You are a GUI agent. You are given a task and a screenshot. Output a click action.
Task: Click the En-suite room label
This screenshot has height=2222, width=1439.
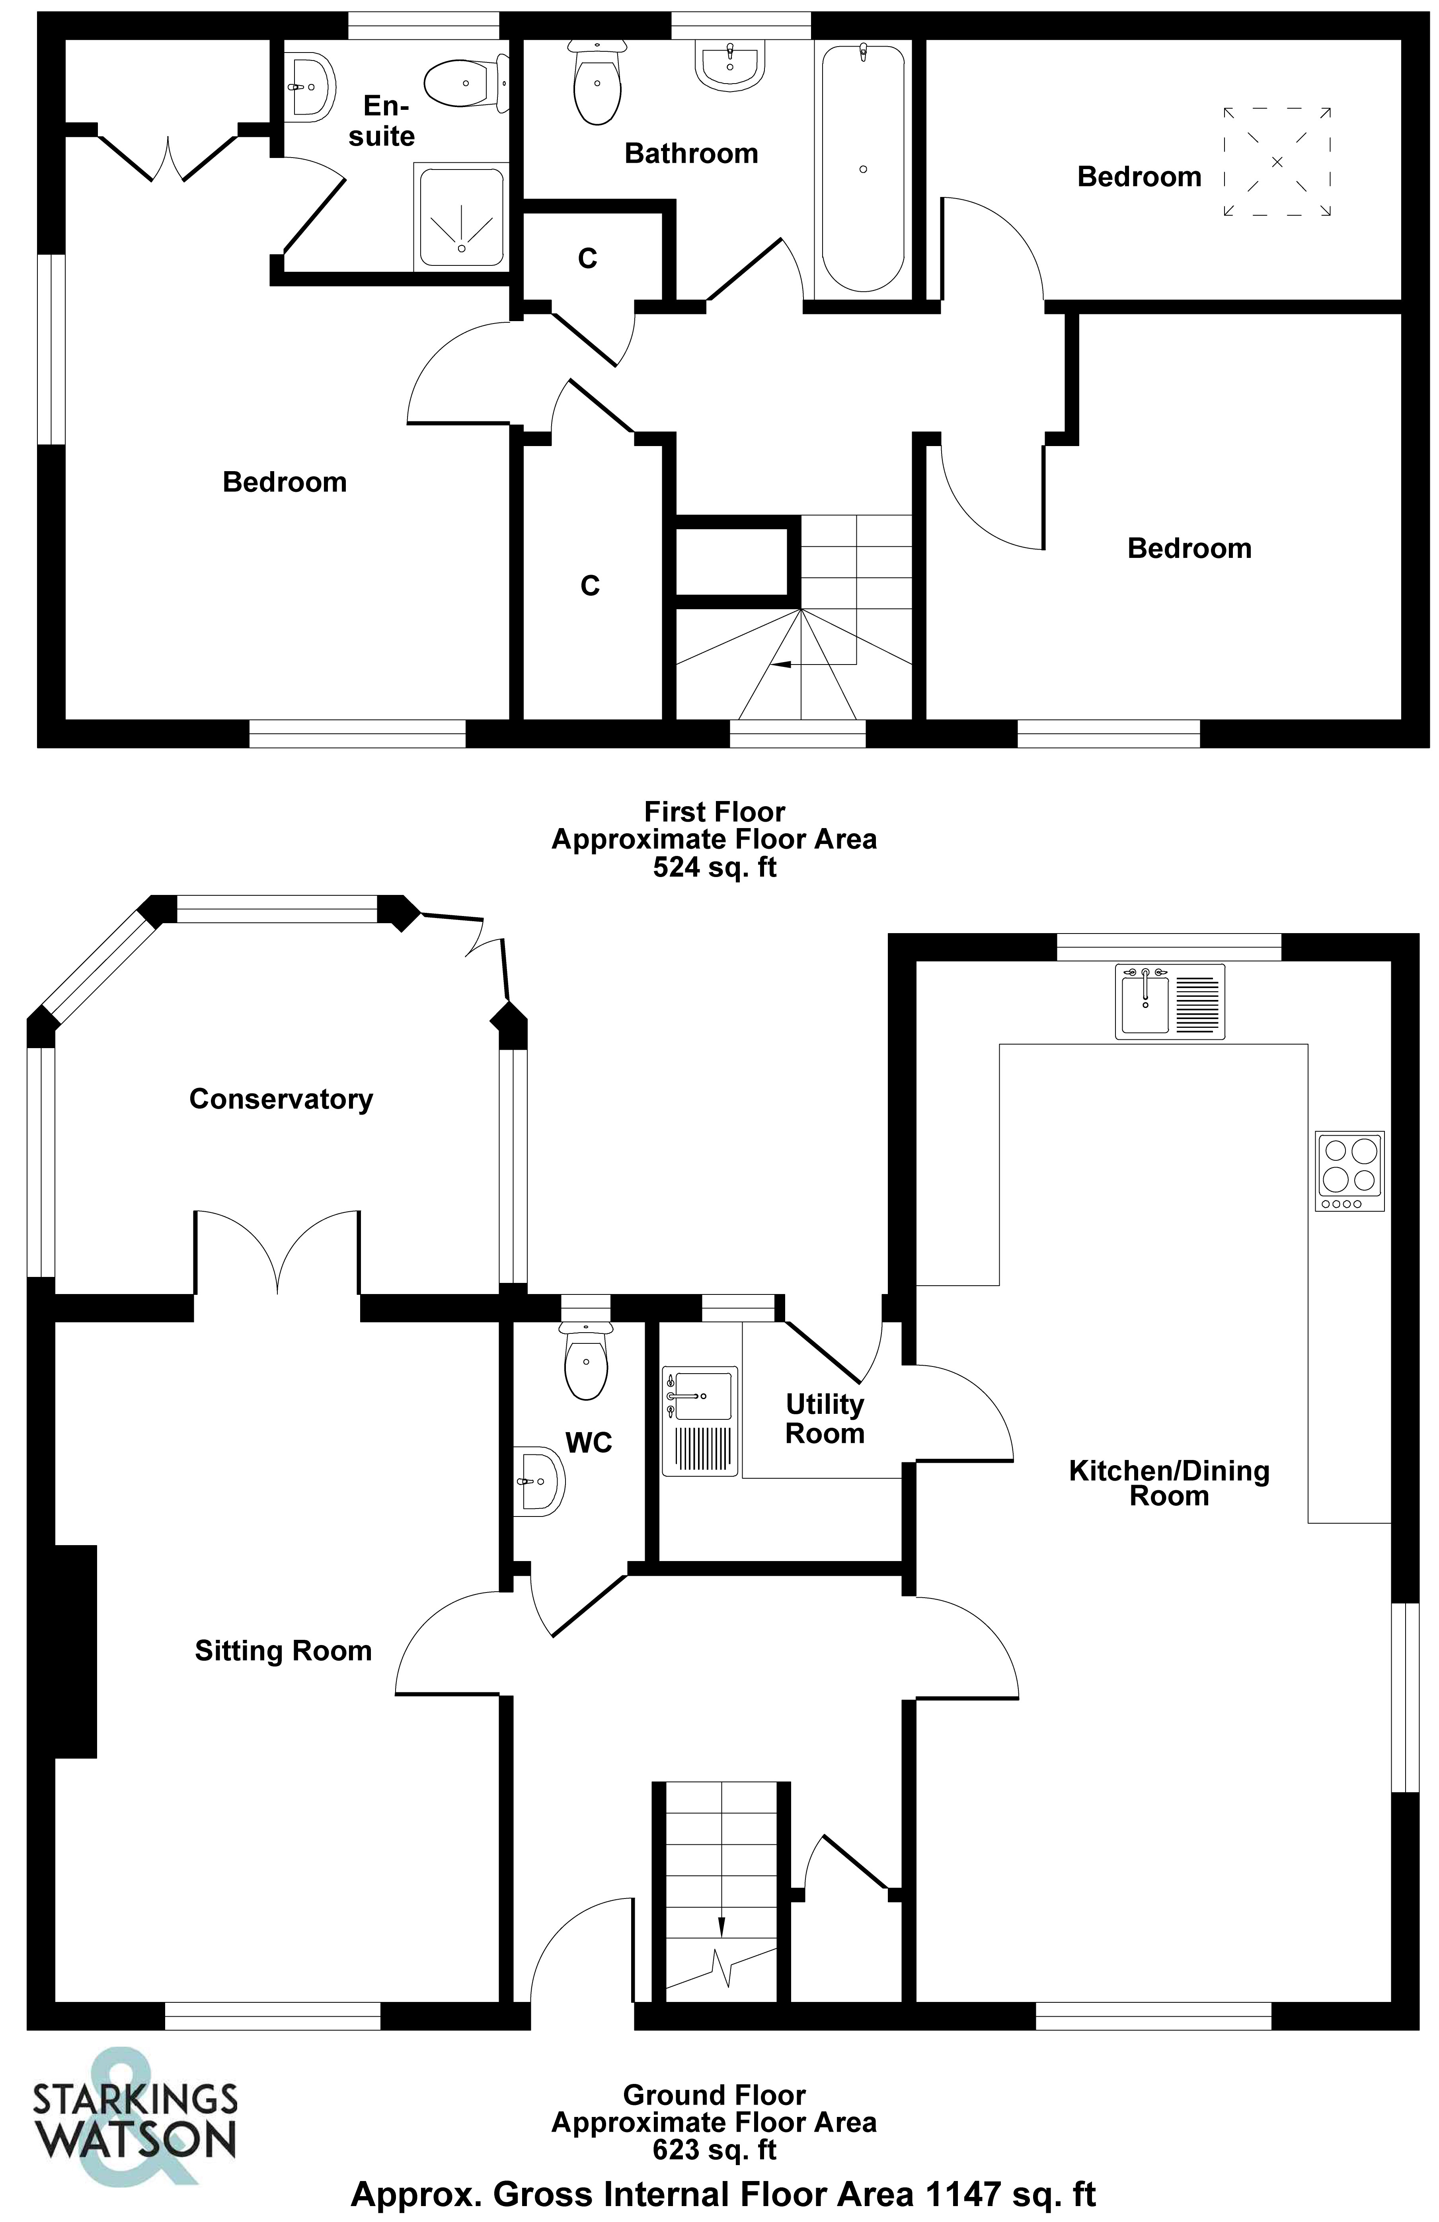[x=381, y=121]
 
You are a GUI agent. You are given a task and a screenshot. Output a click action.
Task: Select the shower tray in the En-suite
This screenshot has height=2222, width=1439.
[x=461, y=216]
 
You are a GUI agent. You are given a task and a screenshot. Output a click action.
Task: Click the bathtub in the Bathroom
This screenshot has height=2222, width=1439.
[x=862, y=168]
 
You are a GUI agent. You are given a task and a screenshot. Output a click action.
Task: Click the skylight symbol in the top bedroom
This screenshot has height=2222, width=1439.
[x=1277, y=162]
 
